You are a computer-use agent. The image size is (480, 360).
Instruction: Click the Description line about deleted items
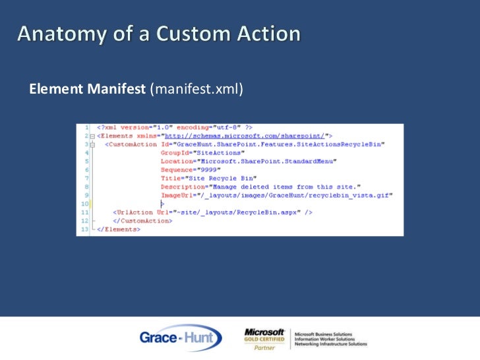click(260, 187)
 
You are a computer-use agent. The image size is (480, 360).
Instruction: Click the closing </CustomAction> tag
click(142, 221)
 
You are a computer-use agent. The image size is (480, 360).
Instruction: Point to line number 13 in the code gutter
click(84, 229)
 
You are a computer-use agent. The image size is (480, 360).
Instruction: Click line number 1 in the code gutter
click(86, 126)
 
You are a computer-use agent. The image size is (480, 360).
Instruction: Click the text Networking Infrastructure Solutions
click(331, 344)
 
